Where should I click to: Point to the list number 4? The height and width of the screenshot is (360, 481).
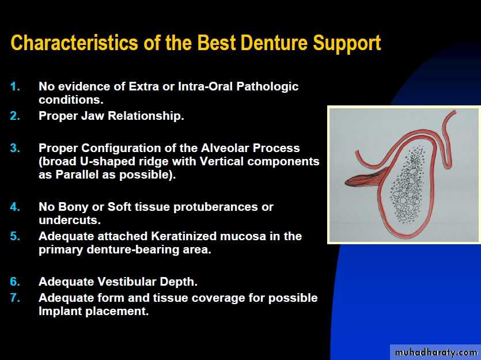(15, 207)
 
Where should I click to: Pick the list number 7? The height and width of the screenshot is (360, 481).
(15, 297)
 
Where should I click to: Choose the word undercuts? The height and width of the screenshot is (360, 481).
(70, 220)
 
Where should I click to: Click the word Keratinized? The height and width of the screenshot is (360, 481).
(184, 236)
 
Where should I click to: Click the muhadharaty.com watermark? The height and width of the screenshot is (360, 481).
(436, 353)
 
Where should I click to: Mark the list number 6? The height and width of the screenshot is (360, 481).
(15, 282)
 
